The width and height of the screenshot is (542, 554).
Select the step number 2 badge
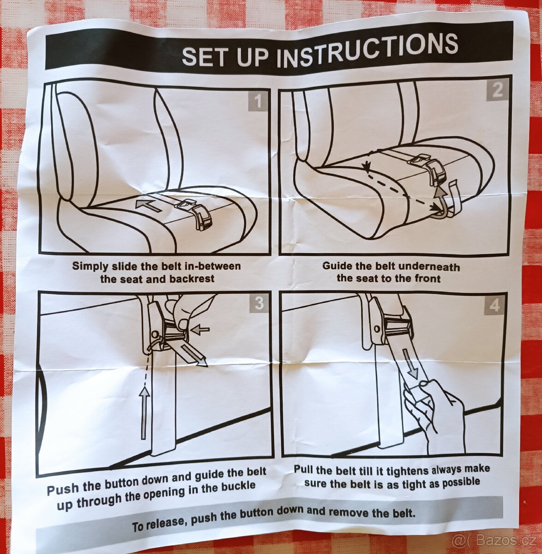tap(497, 90)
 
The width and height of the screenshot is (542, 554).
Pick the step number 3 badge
tap(259, 303)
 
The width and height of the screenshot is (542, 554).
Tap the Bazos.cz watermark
tap(494, 541)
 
